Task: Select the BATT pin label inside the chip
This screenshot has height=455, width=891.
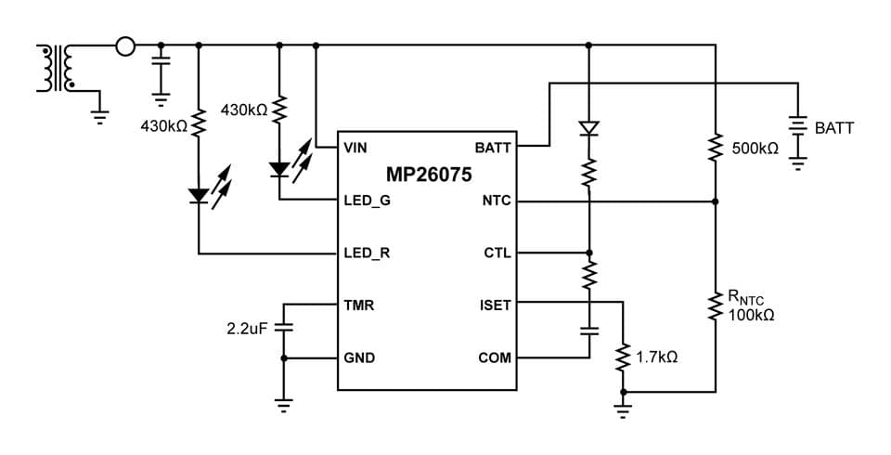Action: (x=492, y=148)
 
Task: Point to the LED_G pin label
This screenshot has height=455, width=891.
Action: (x=367, y=200)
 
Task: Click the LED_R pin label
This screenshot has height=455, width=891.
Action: (x=367, y=253)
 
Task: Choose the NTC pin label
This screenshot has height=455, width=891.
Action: (x=497, y=200)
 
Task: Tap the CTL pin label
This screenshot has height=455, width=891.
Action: (x=497, y=253)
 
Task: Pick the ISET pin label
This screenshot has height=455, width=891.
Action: (x=495, y=305)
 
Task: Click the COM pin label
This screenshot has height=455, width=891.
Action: (x=494, y=357)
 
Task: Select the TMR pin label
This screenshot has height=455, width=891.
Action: (x=359, y=305)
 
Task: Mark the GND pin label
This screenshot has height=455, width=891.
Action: (x=359, y=357)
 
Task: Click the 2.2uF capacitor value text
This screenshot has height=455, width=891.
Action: (x=247, y=329)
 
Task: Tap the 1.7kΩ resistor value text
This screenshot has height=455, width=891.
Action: (x=656, y=357)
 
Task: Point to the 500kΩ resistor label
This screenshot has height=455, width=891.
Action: (x=755, y=149)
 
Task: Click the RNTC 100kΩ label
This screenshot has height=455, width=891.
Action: (x=750, y=305)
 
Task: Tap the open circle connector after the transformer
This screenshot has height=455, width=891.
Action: (x=124, y=45)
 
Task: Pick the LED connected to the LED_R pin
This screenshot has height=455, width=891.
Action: (x=199, y=196)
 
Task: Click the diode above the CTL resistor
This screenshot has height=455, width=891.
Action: (x=588, y=127)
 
